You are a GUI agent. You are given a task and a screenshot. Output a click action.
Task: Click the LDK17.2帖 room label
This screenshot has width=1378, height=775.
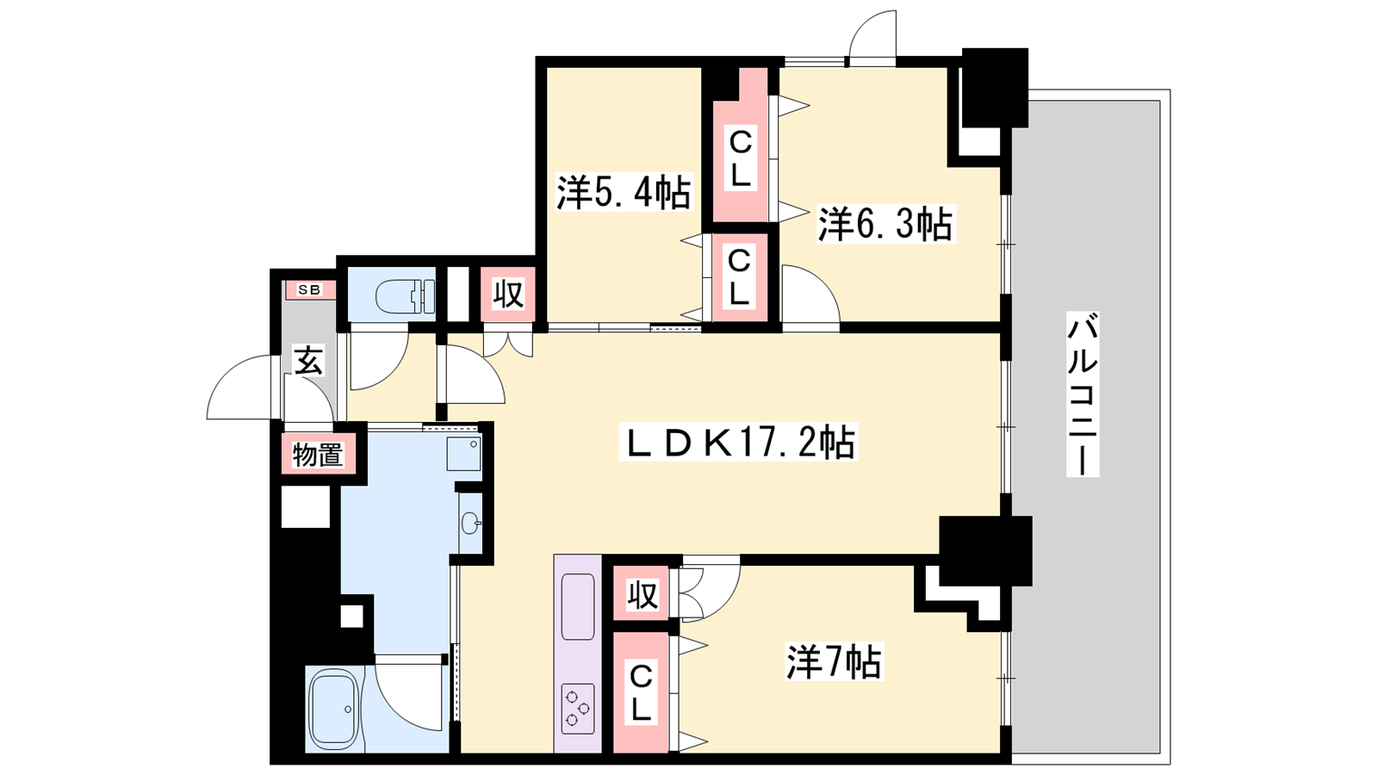click(x=738, y=442)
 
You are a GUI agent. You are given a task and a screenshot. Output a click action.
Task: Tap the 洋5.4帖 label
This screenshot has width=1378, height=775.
click(x=624, y=192)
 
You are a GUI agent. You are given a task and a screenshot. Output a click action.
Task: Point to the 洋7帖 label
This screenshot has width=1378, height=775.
click(x=835, y=661)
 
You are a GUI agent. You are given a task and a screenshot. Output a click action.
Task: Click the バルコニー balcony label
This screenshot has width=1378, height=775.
click(x=1083, y=394)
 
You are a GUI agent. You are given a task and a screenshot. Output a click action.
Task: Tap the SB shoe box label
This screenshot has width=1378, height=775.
click(x=310, y=289)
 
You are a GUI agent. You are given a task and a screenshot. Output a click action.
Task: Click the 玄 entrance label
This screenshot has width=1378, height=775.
click(x=308, y=360)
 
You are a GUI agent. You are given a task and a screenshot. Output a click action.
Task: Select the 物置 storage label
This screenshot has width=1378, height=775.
click(x=318, y=456)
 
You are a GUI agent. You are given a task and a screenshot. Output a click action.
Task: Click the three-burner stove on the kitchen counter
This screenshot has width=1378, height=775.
click(x=578, y=708)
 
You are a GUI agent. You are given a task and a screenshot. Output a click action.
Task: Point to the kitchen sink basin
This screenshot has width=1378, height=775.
click(x=578, y=606)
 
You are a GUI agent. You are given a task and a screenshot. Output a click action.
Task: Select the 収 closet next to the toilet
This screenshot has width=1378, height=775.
click(x=508, y=294)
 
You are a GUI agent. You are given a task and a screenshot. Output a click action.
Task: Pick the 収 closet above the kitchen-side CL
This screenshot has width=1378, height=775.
click(x=642, y=593)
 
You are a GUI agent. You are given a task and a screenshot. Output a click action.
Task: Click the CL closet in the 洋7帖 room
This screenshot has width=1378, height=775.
click(x=641, y=692)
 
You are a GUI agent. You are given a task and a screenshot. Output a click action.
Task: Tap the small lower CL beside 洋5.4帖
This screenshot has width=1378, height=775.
click(x=740, y=277)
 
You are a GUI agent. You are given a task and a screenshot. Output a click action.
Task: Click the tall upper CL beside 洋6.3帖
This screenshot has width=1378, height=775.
click(x=740, y=145)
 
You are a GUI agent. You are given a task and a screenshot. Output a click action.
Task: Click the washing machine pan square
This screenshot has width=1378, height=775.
click(x=464, y=454)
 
